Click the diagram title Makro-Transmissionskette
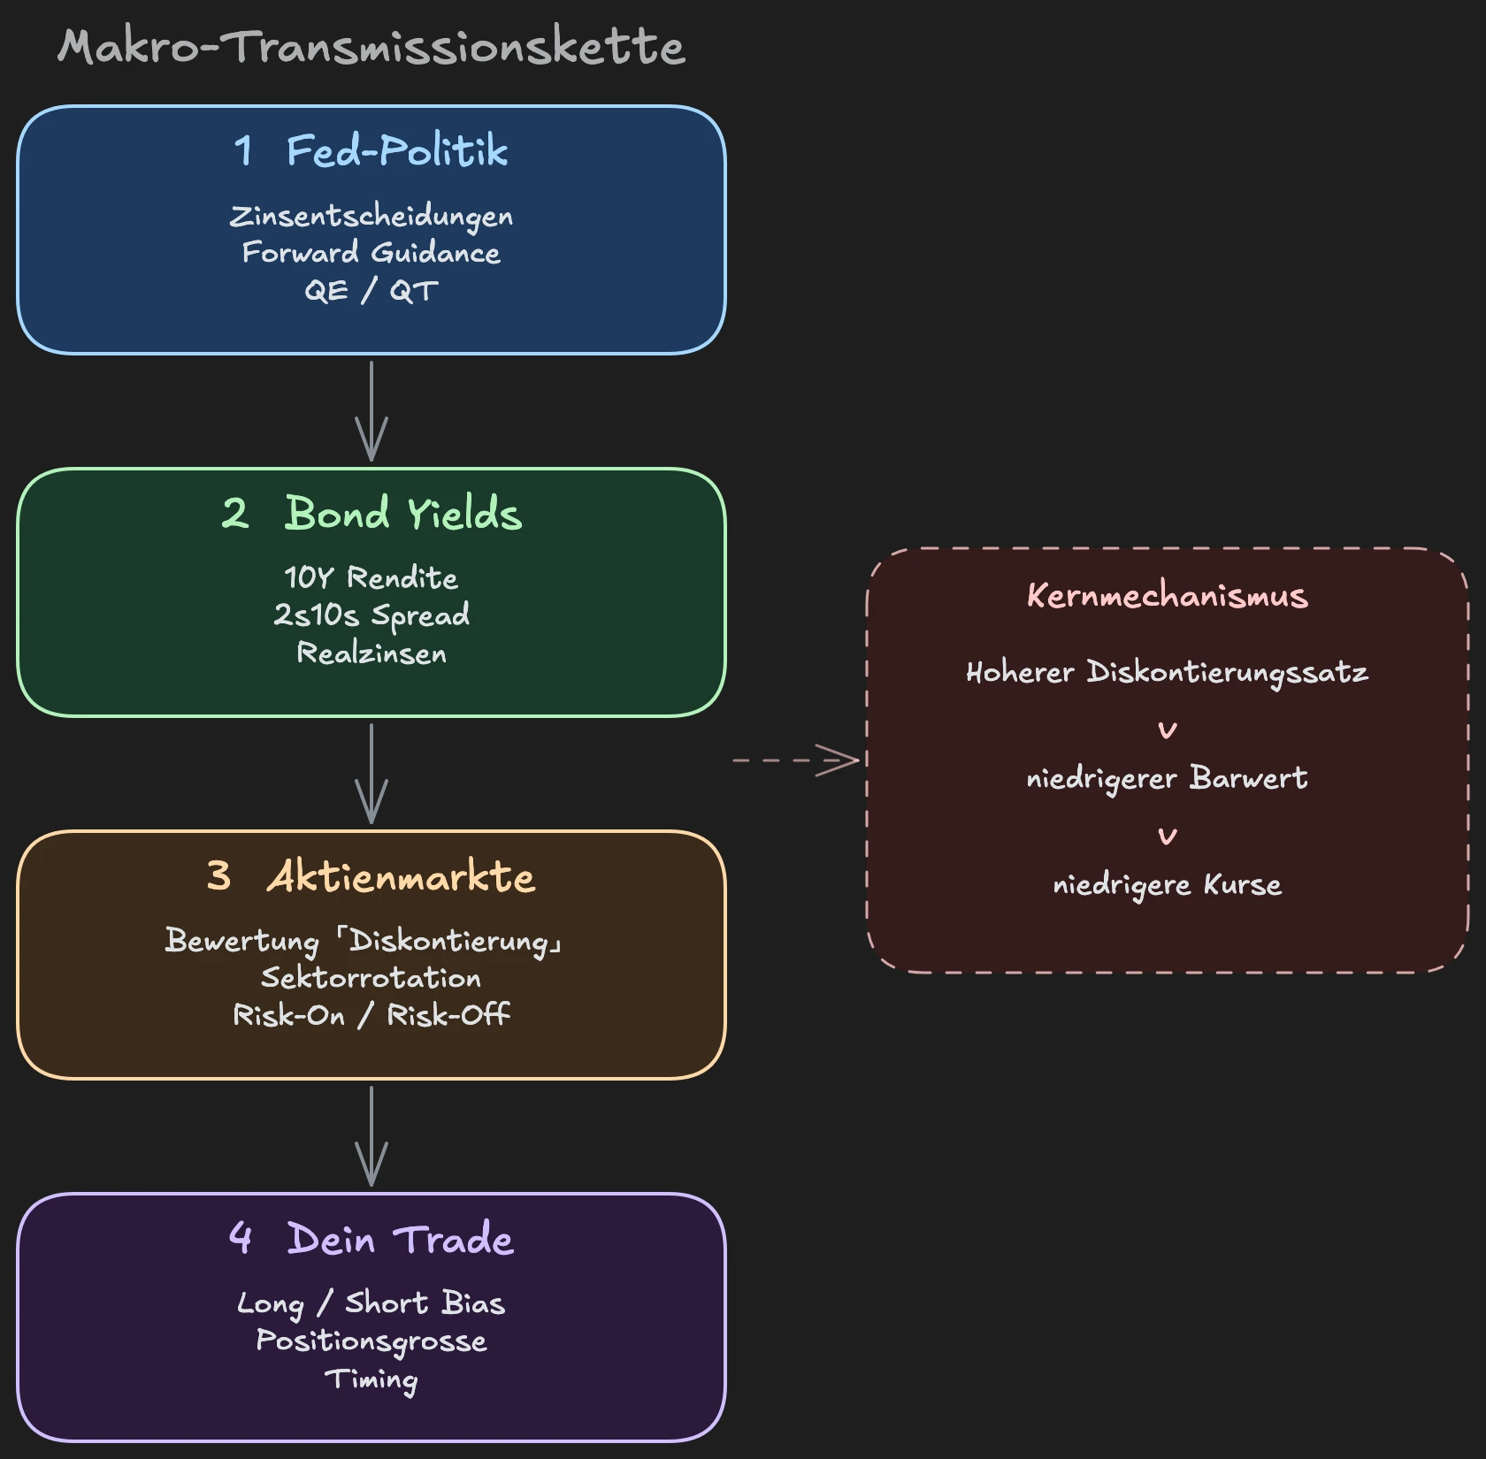point(371,46)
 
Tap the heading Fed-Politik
point(396,150)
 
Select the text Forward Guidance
point(371,253)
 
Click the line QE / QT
point(371,290)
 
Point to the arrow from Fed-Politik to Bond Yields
point(371,411)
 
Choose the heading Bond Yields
point(402,513)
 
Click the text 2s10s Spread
point(371,615)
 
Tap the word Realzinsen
point(371,653)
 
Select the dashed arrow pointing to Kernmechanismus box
point(796,760)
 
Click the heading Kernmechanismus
point(1167,595)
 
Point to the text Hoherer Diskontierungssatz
point(1167,672)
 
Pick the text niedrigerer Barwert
point(1167,778)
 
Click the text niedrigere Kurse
point(1167,884)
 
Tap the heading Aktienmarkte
point(401,876)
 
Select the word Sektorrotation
point(371,978)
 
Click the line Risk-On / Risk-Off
point(371,1015)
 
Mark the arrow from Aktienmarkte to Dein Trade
point(371,1136)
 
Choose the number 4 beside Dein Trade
point(241,1237)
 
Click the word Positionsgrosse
point(371,1341)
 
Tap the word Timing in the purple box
point(371,1379)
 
